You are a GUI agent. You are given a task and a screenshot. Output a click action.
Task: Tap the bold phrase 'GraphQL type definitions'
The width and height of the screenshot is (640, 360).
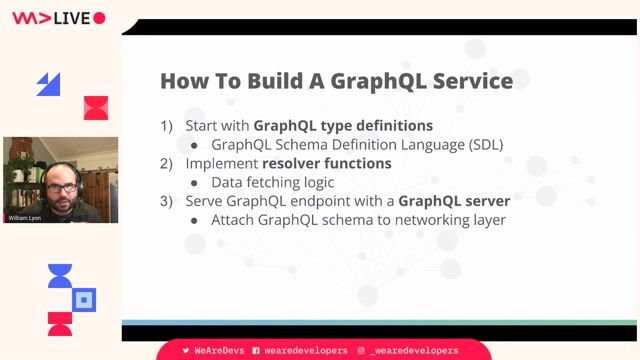tap(343, 126)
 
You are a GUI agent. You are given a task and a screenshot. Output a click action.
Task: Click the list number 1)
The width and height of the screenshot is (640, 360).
tap(168, 126)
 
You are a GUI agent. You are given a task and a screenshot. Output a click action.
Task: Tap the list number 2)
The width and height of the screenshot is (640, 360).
tap(168, 163)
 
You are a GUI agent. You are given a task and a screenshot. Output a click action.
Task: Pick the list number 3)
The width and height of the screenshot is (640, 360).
tap(168, 201)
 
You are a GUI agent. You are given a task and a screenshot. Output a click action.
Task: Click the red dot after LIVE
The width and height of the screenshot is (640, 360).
tap(99, 18)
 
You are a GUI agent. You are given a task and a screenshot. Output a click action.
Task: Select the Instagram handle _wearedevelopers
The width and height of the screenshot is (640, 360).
tap(414, 351)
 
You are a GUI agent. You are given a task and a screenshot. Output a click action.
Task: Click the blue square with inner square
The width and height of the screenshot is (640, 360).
tap(85, 298)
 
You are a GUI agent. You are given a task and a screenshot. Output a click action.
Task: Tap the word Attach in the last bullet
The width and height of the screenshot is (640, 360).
tap(234, 219)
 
